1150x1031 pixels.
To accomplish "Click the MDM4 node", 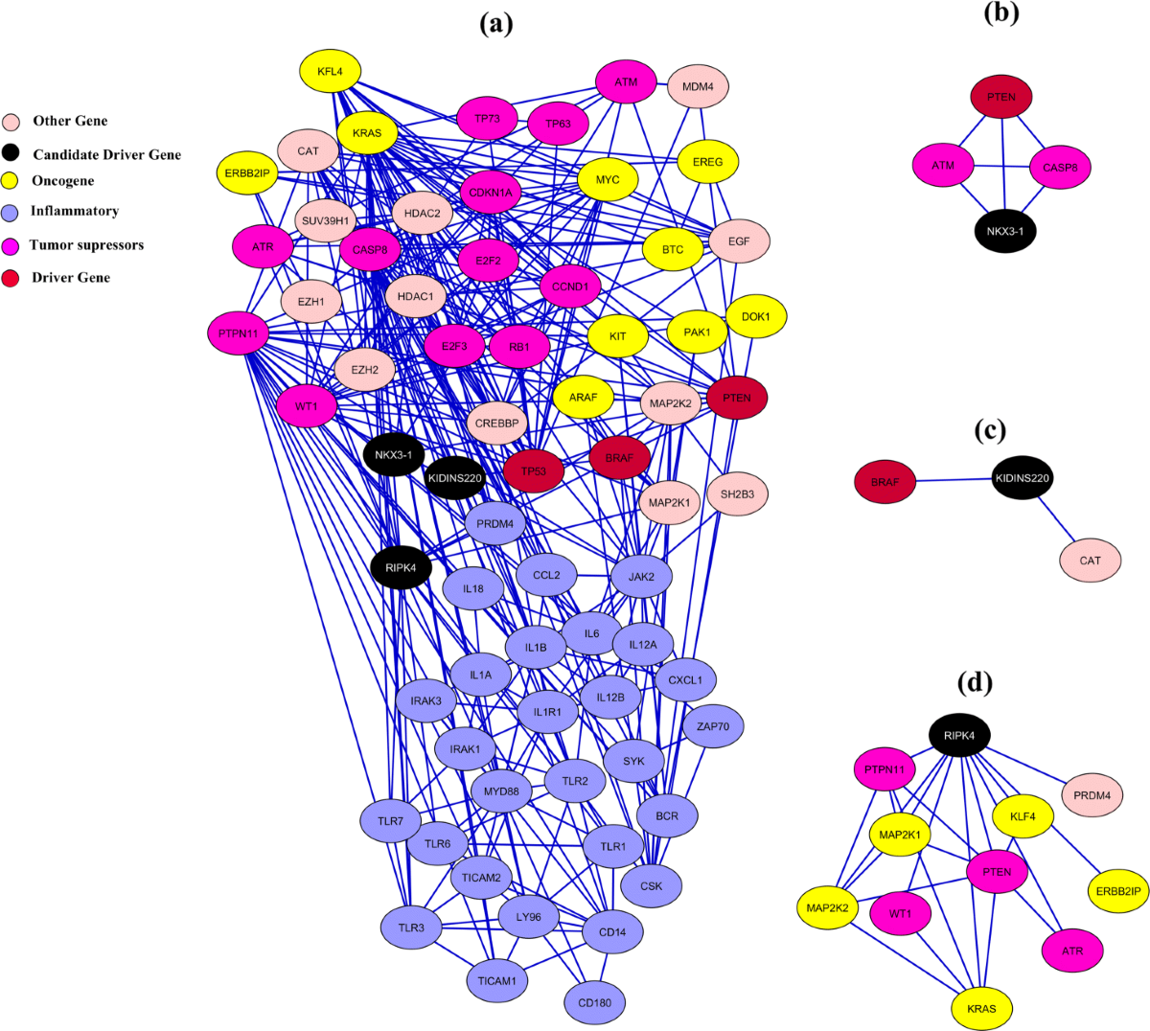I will point(698,87).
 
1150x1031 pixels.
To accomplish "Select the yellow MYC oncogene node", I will point(608,180).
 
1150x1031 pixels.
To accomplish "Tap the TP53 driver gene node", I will point(534,471).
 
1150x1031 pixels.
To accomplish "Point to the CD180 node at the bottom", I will point(594,1003).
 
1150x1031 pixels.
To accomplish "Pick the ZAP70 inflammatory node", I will point(713,727).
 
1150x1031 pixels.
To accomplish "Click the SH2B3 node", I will point(737,494).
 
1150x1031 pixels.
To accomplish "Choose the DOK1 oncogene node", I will point(756,317).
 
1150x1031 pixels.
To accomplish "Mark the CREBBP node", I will point(496,423).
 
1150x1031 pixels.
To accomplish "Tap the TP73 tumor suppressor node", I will point(487,119).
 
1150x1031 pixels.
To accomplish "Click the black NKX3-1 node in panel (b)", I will point(1005,232).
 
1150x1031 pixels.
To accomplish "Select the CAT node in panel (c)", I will point(1091,561).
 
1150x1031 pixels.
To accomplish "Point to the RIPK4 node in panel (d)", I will point(959,736).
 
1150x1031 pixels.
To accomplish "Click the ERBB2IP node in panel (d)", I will point(1118,891).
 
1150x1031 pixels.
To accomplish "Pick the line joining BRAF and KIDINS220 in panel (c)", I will point(954,480).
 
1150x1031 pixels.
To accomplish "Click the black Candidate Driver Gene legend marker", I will point(11,153).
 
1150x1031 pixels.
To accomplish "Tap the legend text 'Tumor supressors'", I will point(86,245).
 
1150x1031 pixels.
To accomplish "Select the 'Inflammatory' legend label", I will point(75,211).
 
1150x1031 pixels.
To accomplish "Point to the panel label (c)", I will point(990,430).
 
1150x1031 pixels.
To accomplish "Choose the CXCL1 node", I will point(685,680).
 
